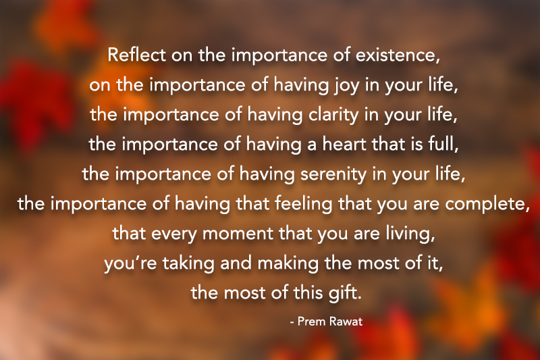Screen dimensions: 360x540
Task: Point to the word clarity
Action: [334, 115]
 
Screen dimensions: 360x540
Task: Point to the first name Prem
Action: [313, 322]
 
